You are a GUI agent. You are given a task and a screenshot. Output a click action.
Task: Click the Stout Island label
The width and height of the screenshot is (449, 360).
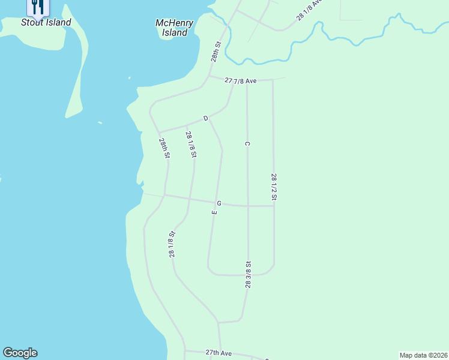coord(46,23)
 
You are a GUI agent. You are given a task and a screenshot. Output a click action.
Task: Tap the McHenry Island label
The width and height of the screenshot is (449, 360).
coord(175,28)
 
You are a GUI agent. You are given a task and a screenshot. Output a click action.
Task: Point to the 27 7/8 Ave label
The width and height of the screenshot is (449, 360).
coord(241,80)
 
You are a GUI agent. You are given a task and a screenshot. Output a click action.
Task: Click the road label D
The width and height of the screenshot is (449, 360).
coord(205,119)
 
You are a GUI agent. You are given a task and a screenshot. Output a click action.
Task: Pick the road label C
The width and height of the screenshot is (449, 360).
coord(247,143)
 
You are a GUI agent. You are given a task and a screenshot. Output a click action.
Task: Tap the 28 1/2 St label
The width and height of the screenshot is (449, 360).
coord(274,187)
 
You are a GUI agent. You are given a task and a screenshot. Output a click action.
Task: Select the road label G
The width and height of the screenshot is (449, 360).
coord(219,203)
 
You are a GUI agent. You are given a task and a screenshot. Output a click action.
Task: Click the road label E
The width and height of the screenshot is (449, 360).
coord(214,212)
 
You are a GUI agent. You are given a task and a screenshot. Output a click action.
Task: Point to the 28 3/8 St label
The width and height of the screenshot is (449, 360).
coord(248,274)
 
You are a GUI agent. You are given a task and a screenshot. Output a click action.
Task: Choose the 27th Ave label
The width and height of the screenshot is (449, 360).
coord(218,353)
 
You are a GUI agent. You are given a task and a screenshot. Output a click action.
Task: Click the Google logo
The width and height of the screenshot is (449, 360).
coord(20,353)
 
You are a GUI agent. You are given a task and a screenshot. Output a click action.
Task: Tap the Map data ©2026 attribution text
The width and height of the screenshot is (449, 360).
coord(423,355)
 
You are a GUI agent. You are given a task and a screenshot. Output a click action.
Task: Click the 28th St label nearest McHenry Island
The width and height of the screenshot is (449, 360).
coord(216,52)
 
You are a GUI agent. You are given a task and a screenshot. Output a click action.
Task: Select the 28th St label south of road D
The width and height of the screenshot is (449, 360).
coord(164,148)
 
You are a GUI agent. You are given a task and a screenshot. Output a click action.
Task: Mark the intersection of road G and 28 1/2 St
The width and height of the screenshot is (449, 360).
coord(274,206)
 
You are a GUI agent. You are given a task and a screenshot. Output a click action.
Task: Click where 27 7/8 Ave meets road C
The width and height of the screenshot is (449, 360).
coord(247,80)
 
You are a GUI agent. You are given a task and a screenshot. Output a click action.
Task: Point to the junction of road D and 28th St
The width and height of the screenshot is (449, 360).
coord(159,131)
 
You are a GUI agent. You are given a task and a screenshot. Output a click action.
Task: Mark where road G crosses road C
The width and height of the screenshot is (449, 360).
coord(248,206)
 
